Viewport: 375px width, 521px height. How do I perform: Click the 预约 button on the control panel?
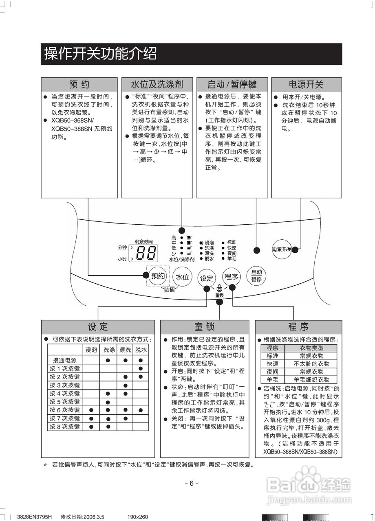pos(158,276)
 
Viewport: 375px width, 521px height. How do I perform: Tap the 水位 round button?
pos(182,277)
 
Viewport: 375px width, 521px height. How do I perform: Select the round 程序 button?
pos(231,277)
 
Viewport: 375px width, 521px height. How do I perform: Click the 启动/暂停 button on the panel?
pos(256,276)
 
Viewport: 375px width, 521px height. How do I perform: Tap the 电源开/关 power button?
pos(282,249)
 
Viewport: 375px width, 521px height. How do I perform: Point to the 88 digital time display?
pos(146,253)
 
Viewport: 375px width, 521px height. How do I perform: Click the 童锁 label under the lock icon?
pos(219,294)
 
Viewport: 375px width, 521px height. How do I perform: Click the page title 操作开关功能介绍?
pos(100,54)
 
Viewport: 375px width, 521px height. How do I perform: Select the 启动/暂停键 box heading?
pos(232,85)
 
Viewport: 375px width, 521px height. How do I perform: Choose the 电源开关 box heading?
pos(306,85)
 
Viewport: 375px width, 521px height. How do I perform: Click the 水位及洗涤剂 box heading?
pos(157,85)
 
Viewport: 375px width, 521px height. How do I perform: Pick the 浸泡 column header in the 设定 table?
pos(91,350)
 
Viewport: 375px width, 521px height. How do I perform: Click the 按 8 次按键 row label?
pos(65,427)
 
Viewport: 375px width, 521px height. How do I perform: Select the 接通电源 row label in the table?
pos(65,360)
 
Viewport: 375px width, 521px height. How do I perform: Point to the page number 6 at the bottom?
pos(191,484)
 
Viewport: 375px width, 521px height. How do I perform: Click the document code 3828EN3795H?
pos(35,517)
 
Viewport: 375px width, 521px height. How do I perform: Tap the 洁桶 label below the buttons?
pos(170,289)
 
